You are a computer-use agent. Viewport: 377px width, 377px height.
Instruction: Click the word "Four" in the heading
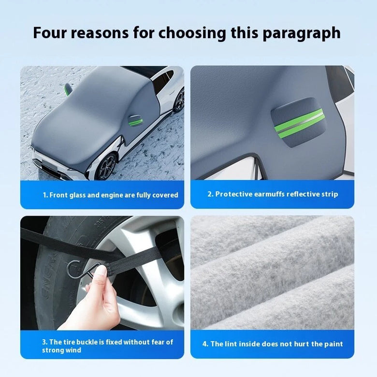pyautogui.click(x=49, y=33)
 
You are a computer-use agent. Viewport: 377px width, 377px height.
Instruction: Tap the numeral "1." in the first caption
pyautogui.click(x=45, y=195)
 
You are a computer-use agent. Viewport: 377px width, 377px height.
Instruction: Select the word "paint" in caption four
pyautogui.click(x=333, y=344)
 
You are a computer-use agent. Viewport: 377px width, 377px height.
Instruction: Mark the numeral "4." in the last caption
pyautogui.click(x=205, y=344)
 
